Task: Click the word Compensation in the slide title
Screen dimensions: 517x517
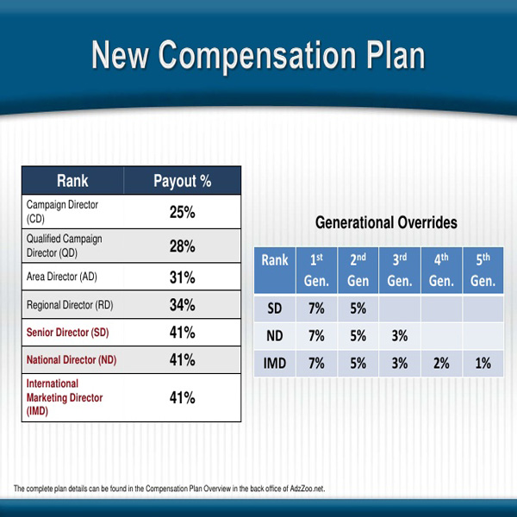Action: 258,56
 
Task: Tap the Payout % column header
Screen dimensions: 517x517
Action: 183,181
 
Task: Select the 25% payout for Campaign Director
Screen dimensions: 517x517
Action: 183,212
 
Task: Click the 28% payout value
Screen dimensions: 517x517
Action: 183,246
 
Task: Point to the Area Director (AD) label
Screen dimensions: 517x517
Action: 62,277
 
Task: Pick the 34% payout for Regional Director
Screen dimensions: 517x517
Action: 183,305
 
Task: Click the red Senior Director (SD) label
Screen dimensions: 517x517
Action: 67,332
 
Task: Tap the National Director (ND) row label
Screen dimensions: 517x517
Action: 72,359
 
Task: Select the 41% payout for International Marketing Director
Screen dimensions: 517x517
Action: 183,397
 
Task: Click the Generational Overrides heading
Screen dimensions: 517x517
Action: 386,222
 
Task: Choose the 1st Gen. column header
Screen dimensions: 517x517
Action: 316,271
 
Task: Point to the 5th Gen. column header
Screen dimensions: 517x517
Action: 483,271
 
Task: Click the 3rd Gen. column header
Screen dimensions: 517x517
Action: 400,271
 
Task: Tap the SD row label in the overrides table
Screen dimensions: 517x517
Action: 275,308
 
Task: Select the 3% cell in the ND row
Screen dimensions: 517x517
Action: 400,336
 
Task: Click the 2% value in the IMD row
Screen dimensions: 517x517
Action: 441,364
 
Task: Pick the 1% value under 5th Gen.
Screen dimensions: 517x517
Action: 483,364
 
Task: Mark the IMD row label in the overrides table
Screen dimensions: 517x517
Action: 275,364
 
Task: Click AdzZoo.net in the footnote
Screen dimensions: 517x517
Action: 308,489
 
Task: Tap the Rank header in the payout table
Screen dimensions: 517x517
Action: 72,181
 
